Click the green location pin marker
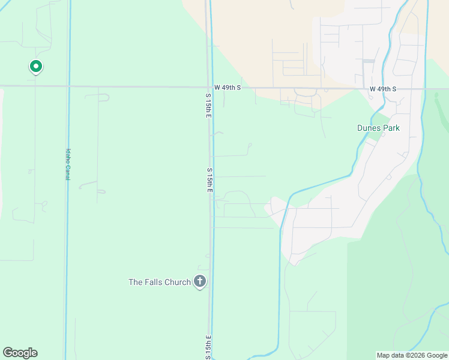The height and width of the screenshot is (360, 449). [x=35, y=67]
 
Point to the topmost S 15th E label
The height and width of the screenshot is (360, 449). [x=208, y=105]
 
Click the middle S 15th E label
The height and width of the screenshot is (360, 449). [x=210, y=180]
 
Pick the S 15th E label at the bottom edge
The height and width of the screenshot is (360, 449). [x=208, y=348]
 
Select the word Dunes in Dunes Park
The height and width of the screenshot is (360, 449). [x=369, y=128]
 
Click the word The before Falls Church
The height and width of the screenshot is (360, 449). [x=136, y=282]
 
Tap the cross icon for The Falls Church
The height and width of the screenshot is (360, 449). [x=200, y=281]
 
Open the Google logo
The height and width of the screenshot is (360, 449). [x=20, y=353]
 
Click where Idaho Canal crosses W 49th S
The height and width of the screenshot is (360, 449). [x=69, y=86]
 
